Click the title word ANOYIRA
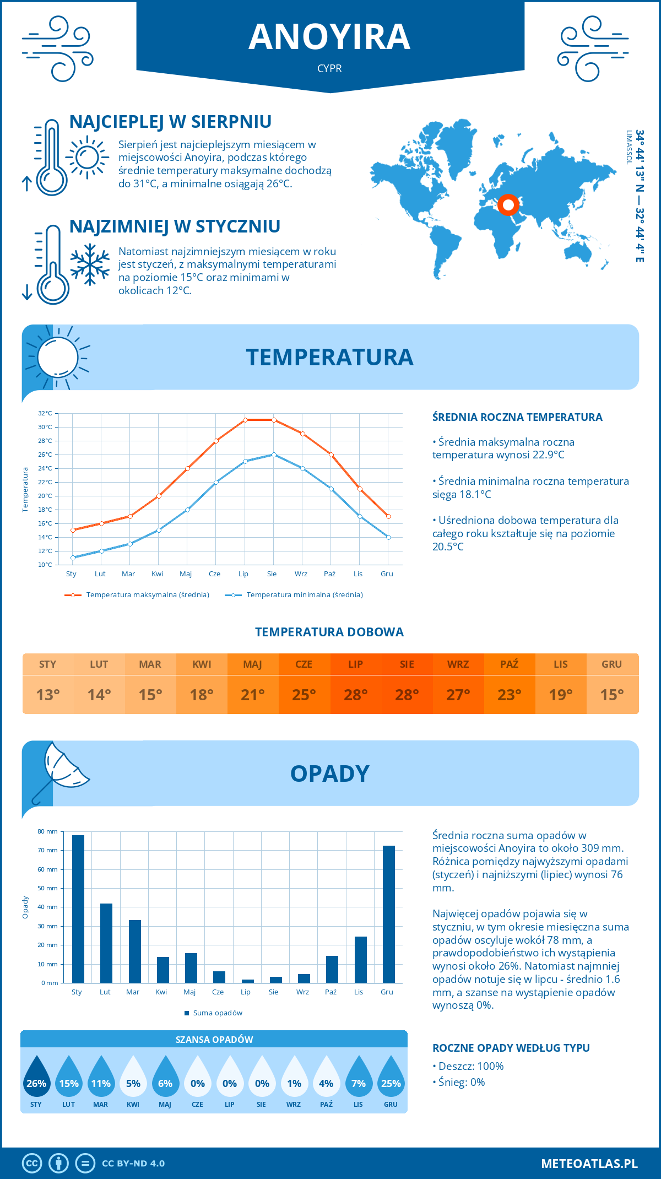(x=329, y=37)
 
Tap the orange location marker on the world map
(x=508, y=205)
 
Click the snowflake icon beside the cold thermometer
(x=90, y=264)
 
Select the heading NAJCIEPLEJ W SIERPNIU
(x=170, y=122)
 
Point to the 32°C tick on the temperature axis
(x=45, y=413)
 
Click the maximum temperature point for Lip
(x=245, y=420)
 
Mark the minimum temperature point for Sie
(x=274, y=455)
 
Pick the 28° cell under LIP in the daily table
(x=355, y=695)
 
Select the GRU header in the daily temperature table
(x=611, y=664)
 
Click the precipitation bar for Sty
(x=78, y=909)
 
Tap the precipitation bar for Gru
(x=389, y=915)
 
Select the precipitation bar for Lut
(x=106, y=943)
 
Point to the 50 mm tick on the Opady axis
(x=48, y=888)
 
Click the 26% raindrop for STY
(x=36, y=1078)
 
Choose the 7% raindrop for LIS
(x=359, y=1078)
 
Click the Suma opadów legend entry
(x=217, y=1013)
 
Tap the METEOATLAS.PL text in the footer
(x=589, y=1164)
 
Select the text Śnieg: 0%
(x=462, y=1082)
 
